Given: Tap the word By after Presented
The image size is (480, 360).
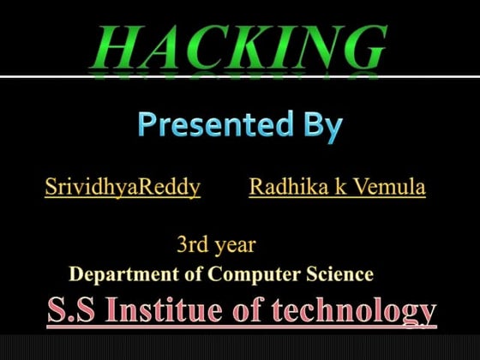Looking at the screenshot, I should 321,126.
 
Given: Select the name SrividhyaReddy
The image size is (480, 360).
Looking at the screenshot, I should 123,187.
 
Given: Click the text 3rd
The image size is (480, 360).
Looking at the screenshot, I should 192,245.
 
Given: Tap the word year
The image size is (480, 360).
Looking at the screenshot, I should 234,246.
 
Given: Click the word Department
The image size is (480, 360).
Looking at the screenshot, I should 117,275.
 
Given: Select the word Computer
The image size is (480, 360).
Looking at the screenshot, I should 249,275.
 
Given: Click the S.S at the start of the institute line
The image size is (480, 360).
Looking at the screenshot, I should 69,310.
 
